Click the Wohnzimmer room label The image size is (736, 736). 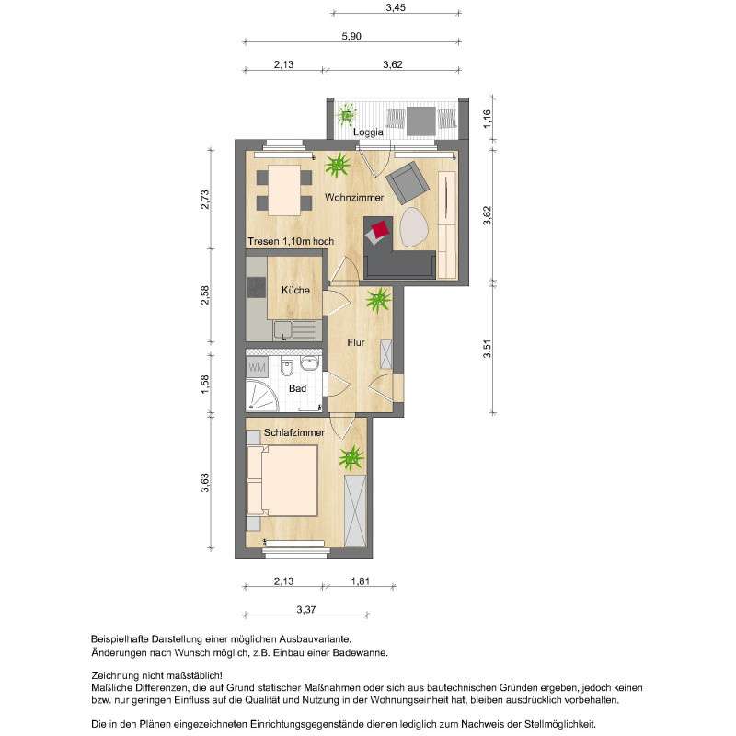click(354, 198)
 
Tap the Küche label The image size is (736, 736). click(296, 290)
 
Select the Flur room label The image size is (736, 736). click(356, 343)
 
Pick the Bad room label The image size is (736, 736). click(297, 389)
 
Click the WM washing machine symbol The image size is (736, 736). click(257, 367)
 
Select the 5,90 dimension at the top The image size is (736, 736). click(352, 36)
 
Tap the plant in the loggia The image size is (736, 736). click(347, 115)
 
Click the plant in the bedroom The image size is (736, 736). click(351, 456)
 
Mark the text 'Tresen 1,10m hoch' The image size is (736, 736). click(290, 241)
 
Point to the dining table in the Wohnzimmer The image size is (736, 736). click(280, 187)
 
